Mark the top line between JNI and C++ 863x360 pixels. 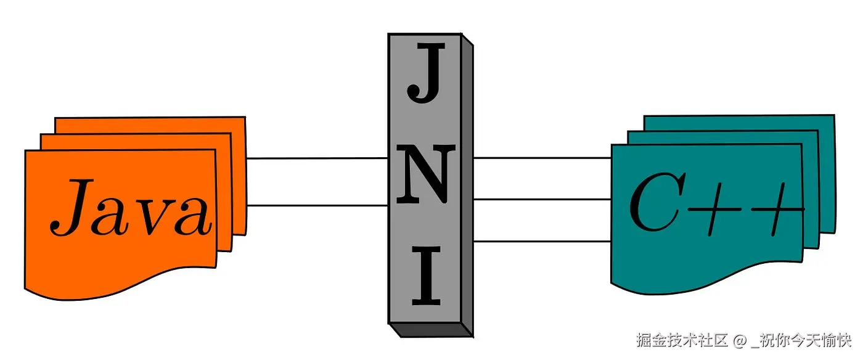542,158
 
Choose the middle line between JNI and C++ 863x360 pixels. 542,199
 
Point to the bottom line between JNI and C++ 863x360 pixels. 542,242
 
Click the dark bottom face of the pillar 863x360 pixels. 431,330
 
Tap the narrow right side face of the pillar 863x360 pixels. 467,185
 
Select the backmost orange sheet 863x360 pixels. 148,124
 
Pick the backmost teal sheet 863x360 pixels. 740,121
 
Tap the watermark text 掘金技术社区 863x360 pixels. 682,340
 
